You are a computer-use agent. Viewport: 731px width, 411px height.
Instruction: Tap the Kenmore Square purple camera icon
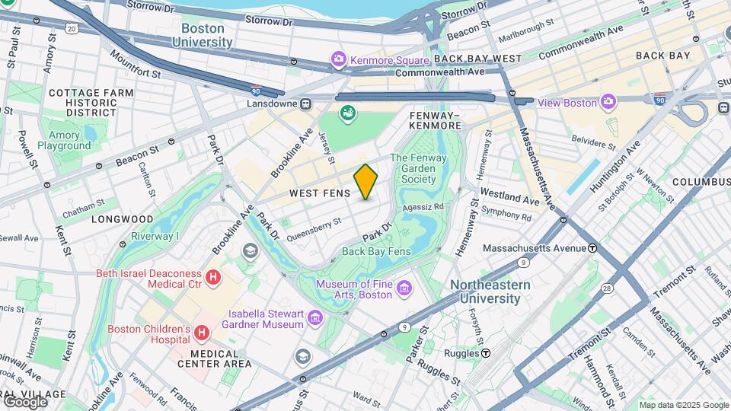point(337,59)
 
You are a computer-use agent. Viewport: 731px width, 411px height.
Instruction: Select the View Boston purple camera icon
point(608,102)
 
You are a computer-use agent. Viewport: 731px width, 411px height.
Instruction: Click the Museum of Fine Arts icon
point(404,289)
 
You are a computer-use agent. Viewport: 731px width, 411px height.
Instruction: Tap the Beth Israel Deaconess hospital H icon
point(214,278)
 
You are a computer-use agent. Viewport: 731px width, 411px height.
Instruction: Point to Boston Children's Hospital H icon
point(202,333)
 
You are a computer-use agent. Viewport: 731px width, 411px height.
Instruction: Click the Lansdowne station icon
point(305,104)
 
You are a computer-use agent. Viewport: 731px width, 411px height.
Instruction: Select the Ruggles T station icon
point(485,353)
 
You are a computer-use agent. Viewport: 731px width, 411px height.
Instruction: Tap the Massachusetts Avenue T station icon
point(592,248)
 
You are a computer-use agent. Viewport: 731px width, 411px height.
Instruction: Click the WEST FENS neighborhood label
point(320,194)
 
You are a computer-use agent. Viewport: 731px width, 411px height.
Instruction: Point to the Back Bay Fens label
point(376,251)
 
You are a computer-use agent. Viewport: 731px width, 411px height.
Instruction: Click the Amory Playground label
point(64,140)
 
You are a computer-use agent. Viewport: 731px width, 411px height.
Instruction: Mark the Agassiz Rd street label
point(423,206)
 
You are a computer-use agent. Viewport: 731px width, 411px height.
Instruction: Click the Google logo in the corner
point(25,401)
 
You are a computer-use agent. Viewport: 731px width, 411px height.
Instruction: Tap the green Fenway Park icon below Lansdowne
point(348,114)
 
